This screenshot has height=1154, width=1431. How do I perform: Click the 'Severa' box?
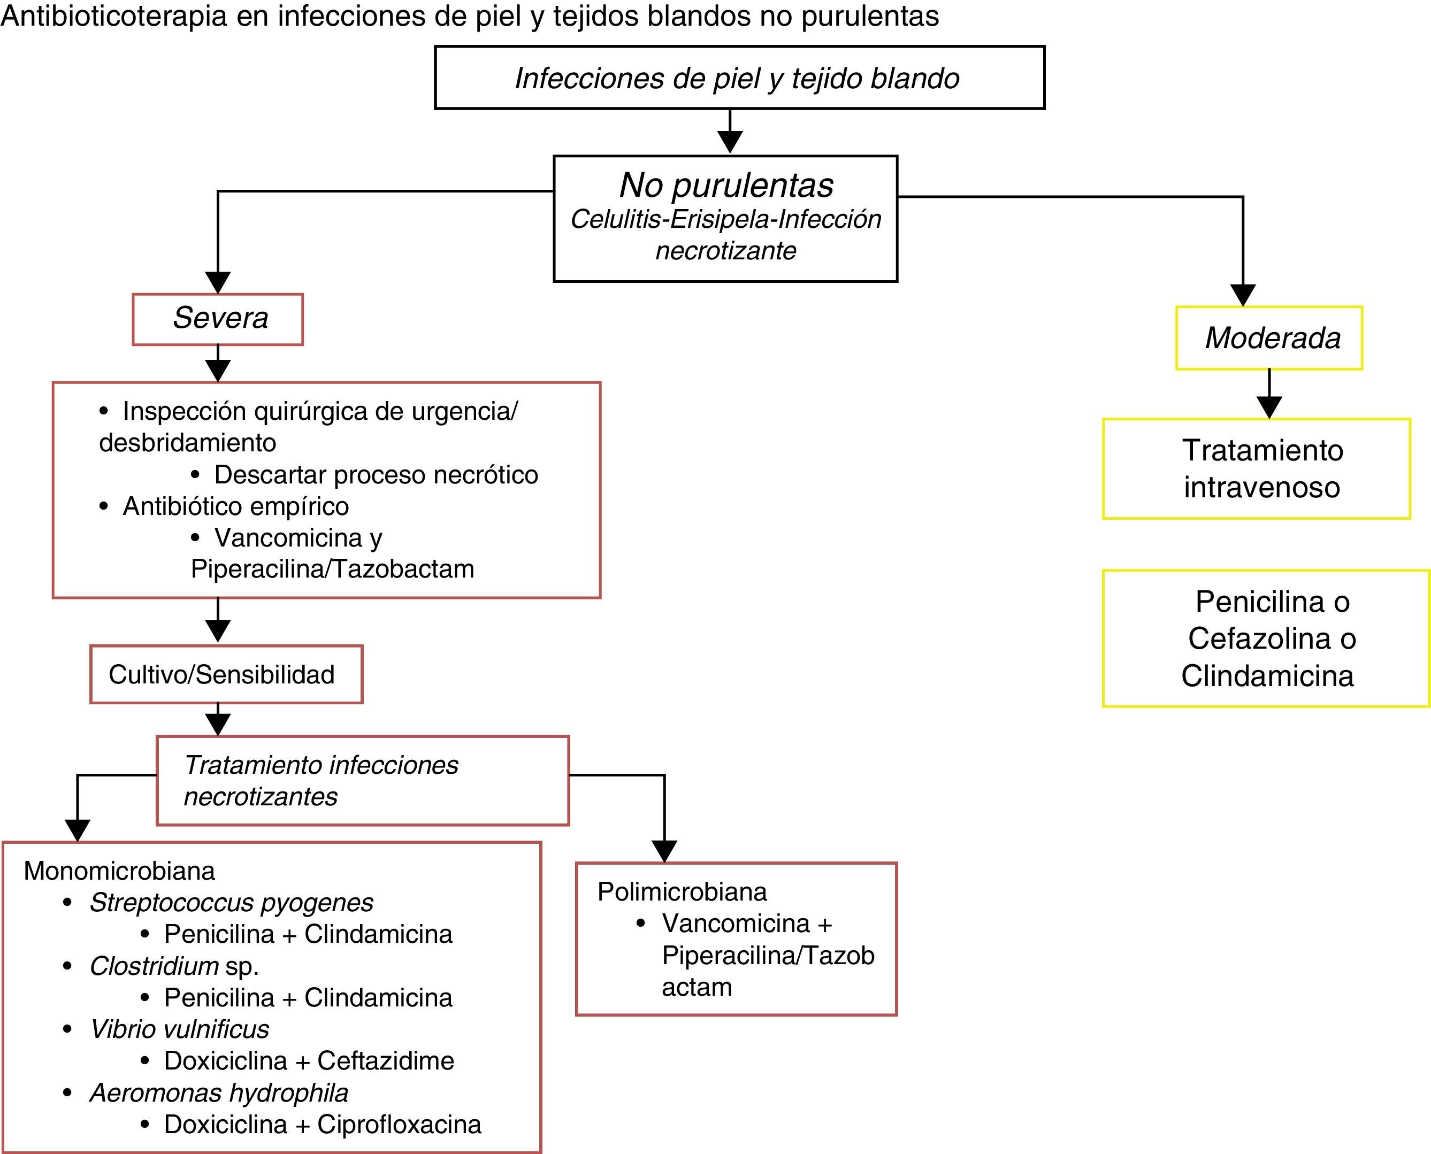[x=218, y=319]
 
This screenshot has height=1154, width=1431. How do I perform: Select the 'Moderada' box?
[x=1269, y=337]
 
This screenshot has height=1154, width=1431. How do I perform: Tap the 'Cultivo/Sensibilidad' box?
[x=226, y=674]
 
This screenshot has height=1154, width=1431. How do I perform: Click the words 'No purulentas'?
[x=725, y=185]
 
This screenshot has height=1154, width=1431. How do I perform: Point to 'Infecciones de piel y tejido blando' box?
[x=739, y=78]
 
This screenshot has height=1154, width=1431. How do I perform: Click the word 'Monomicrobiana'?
[x=120, y=871]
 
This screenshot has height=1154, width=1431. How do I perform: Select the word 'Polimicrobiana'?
[x=682, y=891]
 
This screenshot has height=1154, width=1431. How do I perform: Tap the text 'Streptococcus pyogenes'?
[x=232, y=903]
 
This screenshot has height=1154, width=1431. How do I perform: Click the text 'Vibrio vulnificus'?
[x=180, y=1029]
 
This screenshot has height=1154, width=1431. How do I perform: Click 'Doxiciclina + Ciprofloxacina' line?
[x=323, y=1125]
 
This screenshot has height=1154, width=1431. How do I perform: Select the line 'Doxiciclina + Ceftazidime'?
[x=309, y=1061]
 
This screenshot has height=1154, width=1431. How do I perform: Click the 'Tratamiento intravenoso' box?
[x=1256, y=468]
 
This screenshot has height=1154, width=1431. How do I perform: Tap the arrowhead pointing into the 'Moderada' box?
[x=1243, y=295]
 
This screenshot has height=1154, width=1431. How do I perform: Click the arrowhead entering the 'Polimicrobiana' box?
[x=664, y=851]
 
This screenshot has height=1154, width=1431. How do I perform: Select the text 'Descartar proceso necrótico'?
[x=376, y=475]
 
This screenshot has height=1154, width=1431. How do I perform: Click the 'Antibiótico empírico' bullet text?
[x=235, y=506]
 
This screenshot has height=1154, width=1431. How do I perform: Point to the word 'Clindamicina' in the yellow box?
[x=1267, y=676]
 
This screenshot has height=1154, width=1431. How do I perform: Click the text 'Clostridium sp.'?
[x=174, y=966]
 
